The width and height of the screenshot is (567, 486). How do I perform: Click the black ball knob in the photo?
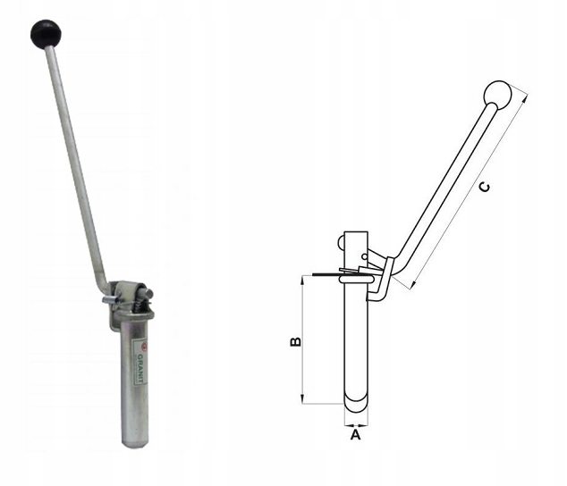[46, 34]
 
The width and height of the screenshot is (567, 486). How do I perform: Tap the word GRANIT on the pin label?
[141, 368]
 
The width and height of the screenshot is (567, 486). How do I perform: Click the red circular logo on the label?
[144, 345]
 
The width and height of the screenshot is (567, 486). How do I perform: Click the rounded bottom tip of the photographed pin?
[134, 443]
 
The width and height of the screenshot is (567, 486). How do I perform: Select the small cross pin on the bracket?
[111, 299]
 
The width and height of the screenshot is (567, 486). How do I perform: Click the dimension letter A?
[356, 435]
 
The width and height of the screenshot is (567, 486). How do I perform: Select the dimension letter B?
[295, 341]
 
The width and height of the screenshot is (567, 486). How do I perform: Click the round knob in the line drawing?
[497, 95]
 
